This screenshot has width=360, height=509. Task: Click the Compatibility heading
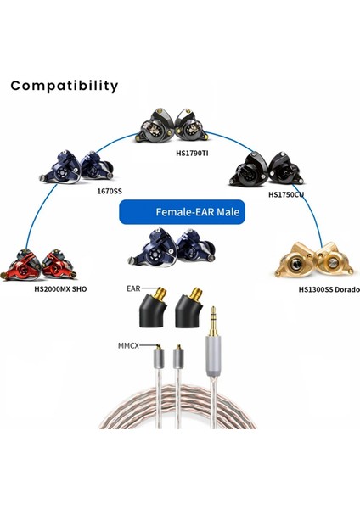click(65, 86)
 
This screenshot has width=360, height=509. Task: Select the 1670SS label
click(110, 191)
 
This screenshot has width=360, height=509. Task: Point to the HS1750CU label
click(285, 194)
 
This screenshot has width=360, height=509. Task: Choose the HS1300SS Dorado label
click(329, 289)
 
